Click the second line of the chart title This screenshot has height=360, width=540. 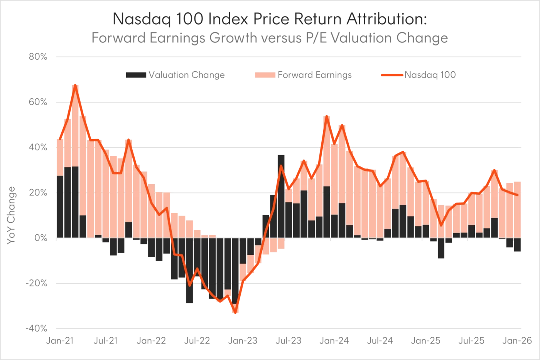pos(270,38)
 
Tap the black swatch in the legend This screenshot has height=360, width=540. pos(135,75)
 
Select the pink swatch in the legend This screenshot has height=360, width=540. pos(265,75)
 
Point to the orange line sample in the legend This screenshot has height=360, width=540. pos(391,75)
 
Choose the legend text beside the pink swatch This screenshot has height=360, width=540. pos(315,75)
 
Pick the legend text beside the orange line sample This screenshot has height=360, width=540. pos(430,75)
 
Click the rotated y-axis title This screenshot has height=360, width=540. pos(12,215)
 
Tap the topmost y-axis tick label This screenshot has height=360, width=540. pos(39,57)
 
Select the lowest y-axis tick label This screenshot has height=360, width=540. pos(37,328)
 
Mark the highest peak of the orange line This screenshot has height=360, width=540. pos(76,84)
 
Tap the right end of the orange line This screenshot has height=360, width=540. pos(517,195)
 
